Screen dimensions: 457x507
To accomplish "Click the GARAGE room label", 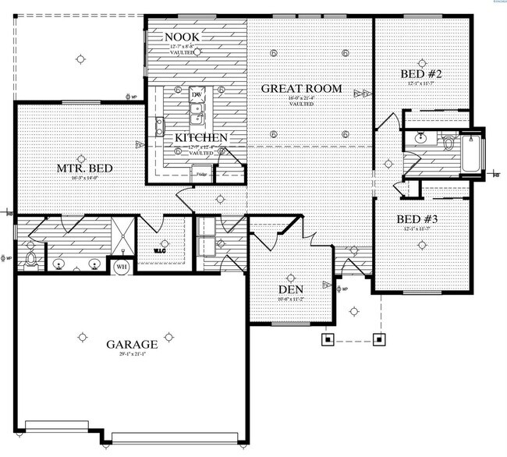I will (x=132, y=344).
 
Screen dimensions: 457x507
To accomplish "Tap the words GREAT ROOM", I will (x=301, y=89).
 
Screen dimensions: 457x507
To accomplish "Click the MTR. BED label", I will (x=75, y=168).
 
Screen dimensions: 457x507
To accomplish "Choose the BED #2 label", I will (x=422, y=74).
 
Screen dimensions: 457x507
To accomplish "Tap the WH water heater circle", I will (x=122, y=267).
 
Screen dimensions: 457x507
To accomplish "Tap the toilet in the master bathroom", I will (x=30, y=259).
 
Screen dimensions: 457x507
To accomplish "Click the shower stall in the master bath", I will (x=122, y=236).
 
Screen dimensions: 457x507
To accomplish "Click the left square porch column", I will (x=328, y=339).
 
